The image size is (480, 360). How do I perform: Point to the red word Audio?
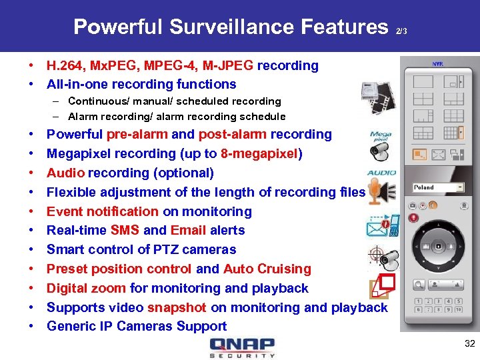pos(65,173)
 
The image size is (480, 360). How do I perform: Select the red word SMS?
pos(125,231)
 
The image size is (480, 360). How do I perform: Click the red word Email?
pos(188,231)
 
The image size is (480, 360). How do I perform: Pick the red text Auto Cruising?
pos(267,269)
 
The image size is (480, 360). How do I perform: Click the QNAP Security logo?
pos(241,347)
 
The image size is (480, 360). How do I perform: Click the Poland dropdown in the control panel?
pos(437,187)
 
